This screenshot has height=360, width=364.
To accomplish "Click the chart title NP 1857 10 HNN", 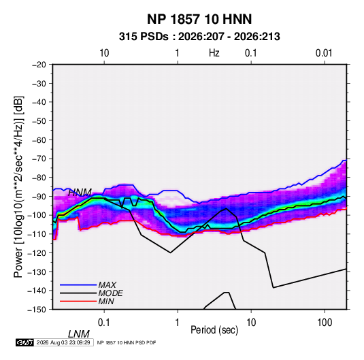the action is click(199, 19).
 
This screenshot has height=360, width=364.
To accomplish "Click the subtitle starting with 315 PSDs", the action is click(199, 37).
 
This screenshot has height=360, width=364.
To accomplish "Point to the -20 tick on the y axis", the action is click(39, 65).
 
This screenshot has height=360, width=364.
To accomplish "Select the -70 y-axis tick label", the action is click(39, 159).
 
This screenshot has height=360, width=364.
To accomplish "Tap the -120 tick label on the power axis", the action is click(37, 252).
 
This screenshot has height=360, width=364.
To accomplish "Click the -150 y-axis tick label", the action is click(37, 310).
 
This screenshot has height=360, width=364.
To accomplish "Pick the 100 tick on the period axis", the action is click(325, 323).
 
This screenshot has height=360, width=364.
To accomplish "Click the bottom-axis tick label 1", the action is click(178, 323).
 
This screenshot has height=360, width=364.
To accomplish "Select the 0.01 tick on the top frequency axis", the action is click(324, 53).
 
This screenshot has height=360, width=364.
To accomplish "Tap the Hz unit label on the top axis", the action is click(214, 53).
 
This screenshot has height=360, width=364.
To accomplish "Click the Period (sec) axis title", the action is click(214, 330).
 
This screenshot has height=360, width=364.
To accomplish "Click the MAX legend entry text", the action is click(107, 284).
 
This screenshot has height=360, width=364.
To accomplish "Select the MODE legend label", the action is click(110, 293).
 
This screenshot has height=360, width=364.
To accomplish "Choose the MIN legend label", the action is click(106, 301).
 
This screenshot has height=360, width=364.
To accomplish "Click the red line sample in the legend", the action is click(78, 301).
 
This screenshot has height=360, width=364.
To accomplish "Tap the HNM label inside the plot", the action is click(80, 193).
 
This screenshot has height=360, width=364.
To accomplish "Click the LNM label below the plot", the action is click(79, 334).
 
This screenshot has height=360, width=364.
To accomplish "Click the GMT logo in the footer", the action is click(24, 342).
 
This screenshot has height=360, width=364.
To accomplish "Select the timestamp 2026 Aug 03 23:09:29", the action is click(63, 342).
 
